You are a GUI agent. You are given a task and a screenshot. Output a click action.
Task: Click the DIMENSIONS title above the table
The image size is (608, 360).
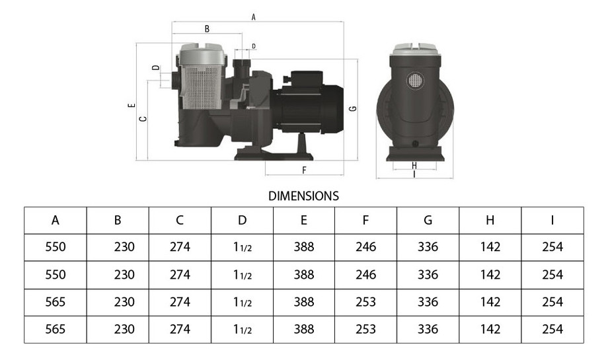303,196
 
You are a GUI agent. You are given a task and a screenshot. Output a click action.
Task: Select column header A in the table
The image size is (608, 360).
56,221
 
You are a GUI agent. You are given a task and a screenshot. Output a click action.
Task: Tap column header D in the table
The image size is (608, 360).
242,221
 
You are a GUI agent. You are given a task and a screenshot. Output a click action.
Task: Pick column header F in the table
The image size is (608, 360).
365,221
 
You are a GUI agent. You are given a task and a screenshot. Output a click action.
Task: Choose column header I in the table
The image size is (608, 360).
552,221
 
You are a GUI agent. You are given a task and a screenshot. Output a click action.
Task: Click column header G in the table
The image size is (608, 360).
428,221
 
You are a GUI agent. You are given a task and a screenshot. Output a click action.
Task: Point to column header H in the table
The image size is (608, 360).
490,221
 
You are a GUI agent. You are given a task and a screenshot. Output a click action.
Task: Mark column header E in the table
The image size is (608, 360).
303,221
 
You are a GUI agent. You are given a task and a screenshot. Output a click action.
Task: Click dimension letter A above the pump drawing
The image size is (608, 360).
254,17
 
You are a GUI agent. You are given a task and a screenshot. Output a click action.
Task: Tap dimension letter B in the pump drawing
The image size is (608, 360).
207,29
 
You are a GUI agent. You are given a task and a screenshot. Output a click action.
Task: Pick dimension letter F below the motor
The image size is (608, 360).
304,170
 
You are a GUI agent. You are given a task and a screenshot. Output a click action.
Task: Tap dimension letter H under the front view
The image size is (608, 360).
414,165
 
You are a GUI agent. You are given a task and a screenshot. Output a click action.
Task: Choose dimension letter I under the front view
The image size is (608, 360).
414,175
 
